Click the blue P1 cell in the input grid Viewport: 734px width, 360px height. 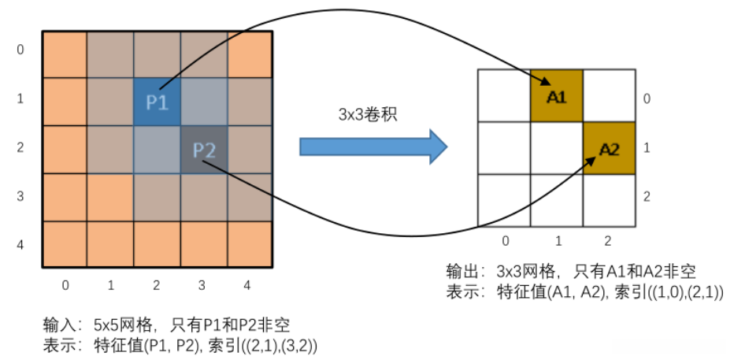pyautogui.click(x=158, y=102)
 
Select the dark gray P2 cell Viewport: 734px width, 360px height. pyautogui.click(x=204, y=150)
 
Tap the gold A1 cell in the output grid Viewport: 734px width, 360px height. pyautogui.click(x=556, y=95)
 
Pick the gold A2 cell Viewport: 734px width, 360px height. pyautogui.click(x=608, y=147)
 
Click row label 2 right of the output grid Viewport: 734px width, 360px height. pyautogui.click(x=647, y=196)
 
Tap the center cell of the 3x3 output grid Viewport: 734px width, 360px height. pyautogui.click(x=556, y=147)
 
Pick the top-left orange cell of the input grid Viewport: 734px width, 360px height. pyautogui.click(x=64, y=54)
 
